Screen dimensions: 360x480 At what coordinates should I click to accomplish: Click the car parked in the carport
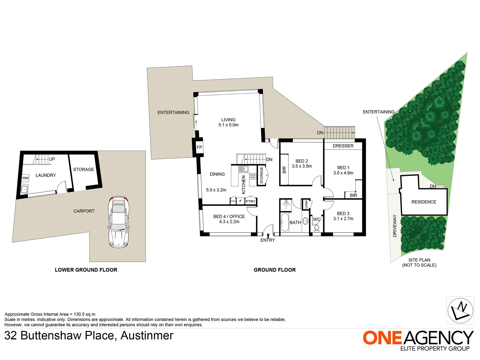[x=118, y=222]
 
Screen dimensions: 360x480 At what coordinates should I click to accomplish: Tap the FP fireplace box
[x=199, y=147]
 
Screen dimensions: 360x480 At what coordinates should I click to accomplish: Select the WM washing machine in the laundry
[x=25, y=178]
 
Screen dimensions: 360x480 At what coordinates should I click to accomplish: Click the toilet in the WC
[x=317, y=228]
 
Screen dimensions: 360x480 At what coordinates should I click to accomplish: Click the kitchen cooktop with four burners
[x=253, y=176]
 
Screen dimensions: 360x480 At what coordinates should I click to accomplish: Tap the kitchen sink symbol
[x=243, y=169]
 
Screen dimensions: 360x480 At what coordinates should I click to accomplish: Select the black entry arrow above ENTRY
[x=268, y=235]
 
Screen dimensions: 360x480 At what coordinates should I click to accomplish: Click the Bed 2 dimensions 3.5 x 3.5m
[x=302, y=166]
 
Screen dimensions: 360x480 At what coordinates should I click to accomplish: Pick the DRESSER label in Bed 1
[x=343, y=146]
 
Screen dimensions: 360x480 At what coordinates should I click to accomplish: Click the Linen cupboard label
[x=306, y=204]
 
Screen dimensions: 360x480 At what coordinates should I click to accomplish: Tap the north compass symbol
[x=460, y=310]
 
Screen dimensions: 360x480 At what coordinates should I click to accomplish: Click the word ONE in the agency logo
[x=382, y=338]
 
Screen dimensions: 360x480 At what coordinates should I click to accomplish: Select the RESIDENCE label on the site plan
[x=424, y=202]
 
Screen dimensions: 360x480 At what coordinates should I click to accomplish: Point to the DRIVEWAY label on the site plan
[x=395, y=226]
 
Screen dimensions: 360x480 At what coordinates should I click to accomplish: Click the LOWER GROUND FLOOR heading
[x=86, y=270]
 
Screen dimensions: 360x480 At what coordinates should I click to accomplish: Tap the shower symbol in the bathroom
[x=286, y=205]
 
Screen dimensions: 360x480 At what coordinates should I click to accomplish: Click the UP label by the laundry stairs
[x=52, y=159]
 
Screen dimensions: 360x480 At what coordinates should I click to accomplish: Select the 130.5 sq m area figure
[x=84, y=314]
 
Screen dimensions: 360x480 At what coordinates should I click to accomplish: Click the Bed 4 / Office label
[x=229, y=217]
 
